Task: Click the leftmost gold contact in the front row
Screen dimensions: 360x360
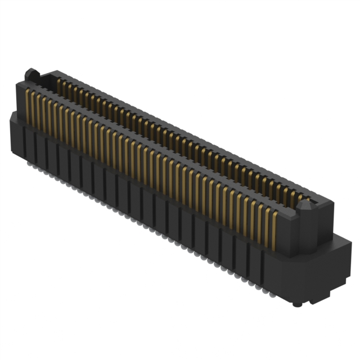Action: pyautogui.click(x=28, y=106)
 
